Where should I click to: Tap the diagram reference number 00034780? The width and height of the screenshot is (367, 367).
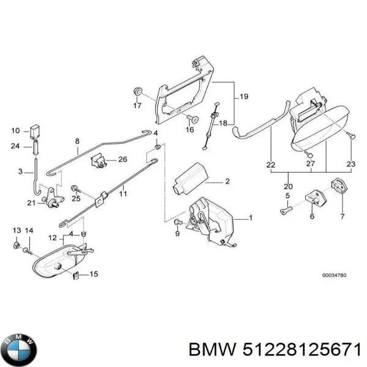[x=335, y=275]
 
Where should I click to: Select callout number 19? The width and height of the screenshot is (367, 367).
[x=243, y=96]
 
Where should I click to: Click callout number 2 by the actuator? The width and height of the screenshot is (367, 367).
[x=226, y=181]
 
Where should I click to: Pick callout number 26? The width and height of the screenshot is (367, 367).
[x=122, y=160]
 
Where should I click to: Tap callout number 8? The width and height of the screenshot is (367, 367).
[x=77, y=141]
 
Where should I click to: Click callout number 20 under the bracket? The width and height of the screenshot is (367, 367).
[x=288, y=187]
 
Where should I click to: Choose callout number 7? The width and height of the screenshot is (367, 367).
[x=342, y=217]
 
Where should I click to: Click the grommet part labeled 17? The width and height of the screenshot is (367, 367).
[x=137, y=92]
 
